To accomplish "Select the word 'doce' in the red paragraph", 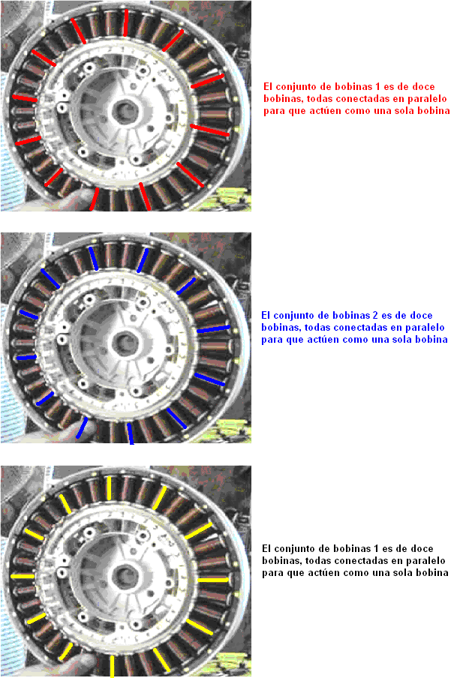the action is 423,86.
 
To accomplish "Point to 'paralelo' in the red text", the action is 427,98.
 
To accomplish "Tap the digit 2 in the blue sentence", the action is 375,315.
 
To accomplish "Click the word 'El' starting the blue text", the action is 266,315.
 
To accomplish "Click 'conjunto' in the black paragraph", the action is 295,549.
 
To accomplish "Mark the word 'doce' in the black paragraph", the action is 422,548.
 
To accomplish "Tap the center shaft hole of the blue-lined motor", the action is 125,343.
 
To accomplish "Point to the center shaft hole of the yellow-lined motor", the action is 125,577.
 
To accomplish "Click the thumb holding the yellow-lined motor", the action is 83,662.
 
